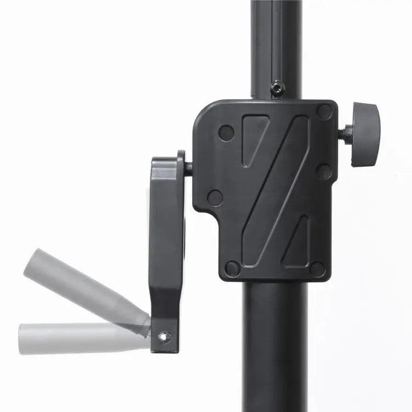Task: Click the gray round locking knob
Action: pyautogui.click(x=365, y=134)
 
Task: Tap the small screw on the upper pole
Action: pyautogui.click(x=278, y=87)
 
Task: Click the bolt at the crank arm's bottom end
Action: pyautogui.click(x=163, y=336)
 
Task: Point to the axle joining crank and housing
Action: pyautogui.click(x=188, y=168)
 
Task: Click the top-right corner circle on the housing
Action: pyautogui.click(x=324, y=112)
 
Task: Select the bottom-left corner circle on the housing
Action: pyautogui.click(x=233, y=268)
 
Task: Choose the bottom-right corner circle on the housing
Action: pyautogui.click(x=317, y=269)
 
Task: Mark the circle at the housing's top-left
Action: pyautogui.click(x=226, y=132)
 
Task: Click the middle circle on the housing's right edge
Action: pyautogui.click(x=324, y=172)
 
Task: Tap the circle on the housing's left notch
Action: pyautogui.click(x=215, y=197)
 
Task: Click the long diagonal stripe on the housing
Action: pyautogui.click(x=274, y=192)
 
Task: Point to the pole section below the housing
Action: pyautogui.click(x=275, y=346)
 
